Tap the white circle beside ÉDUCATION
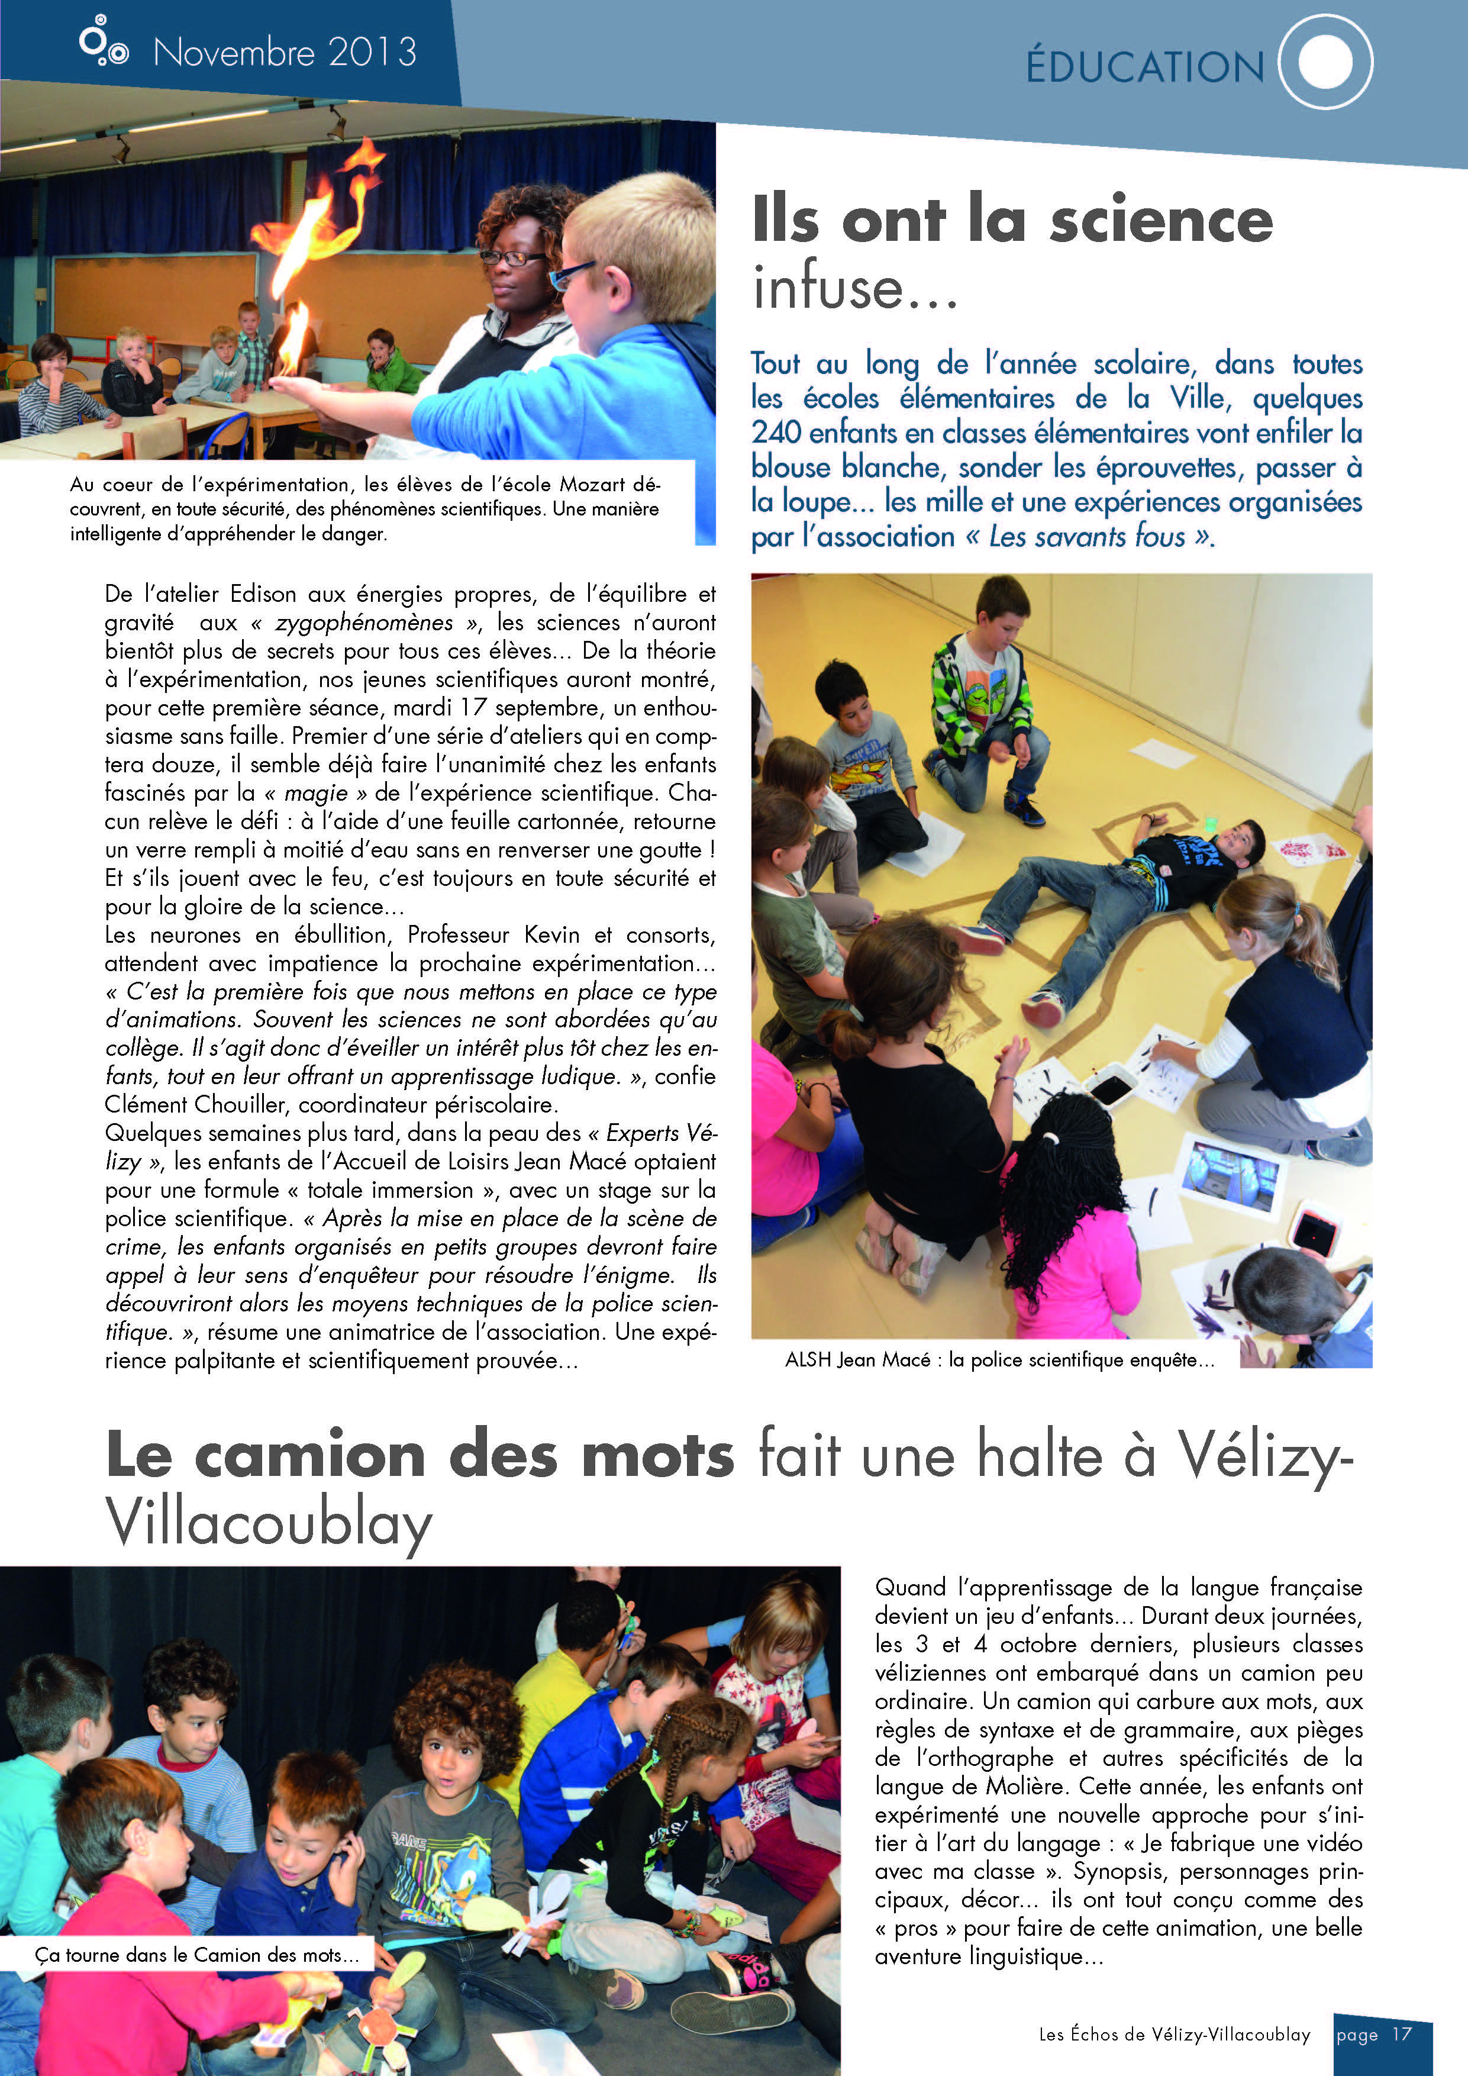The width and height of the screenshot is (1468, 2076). (1325, 62)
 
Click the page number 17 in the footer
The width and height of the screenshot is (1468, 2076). (1401, 2035)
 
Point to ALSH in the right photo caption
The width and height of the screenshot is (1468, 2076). (807, 1360)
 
